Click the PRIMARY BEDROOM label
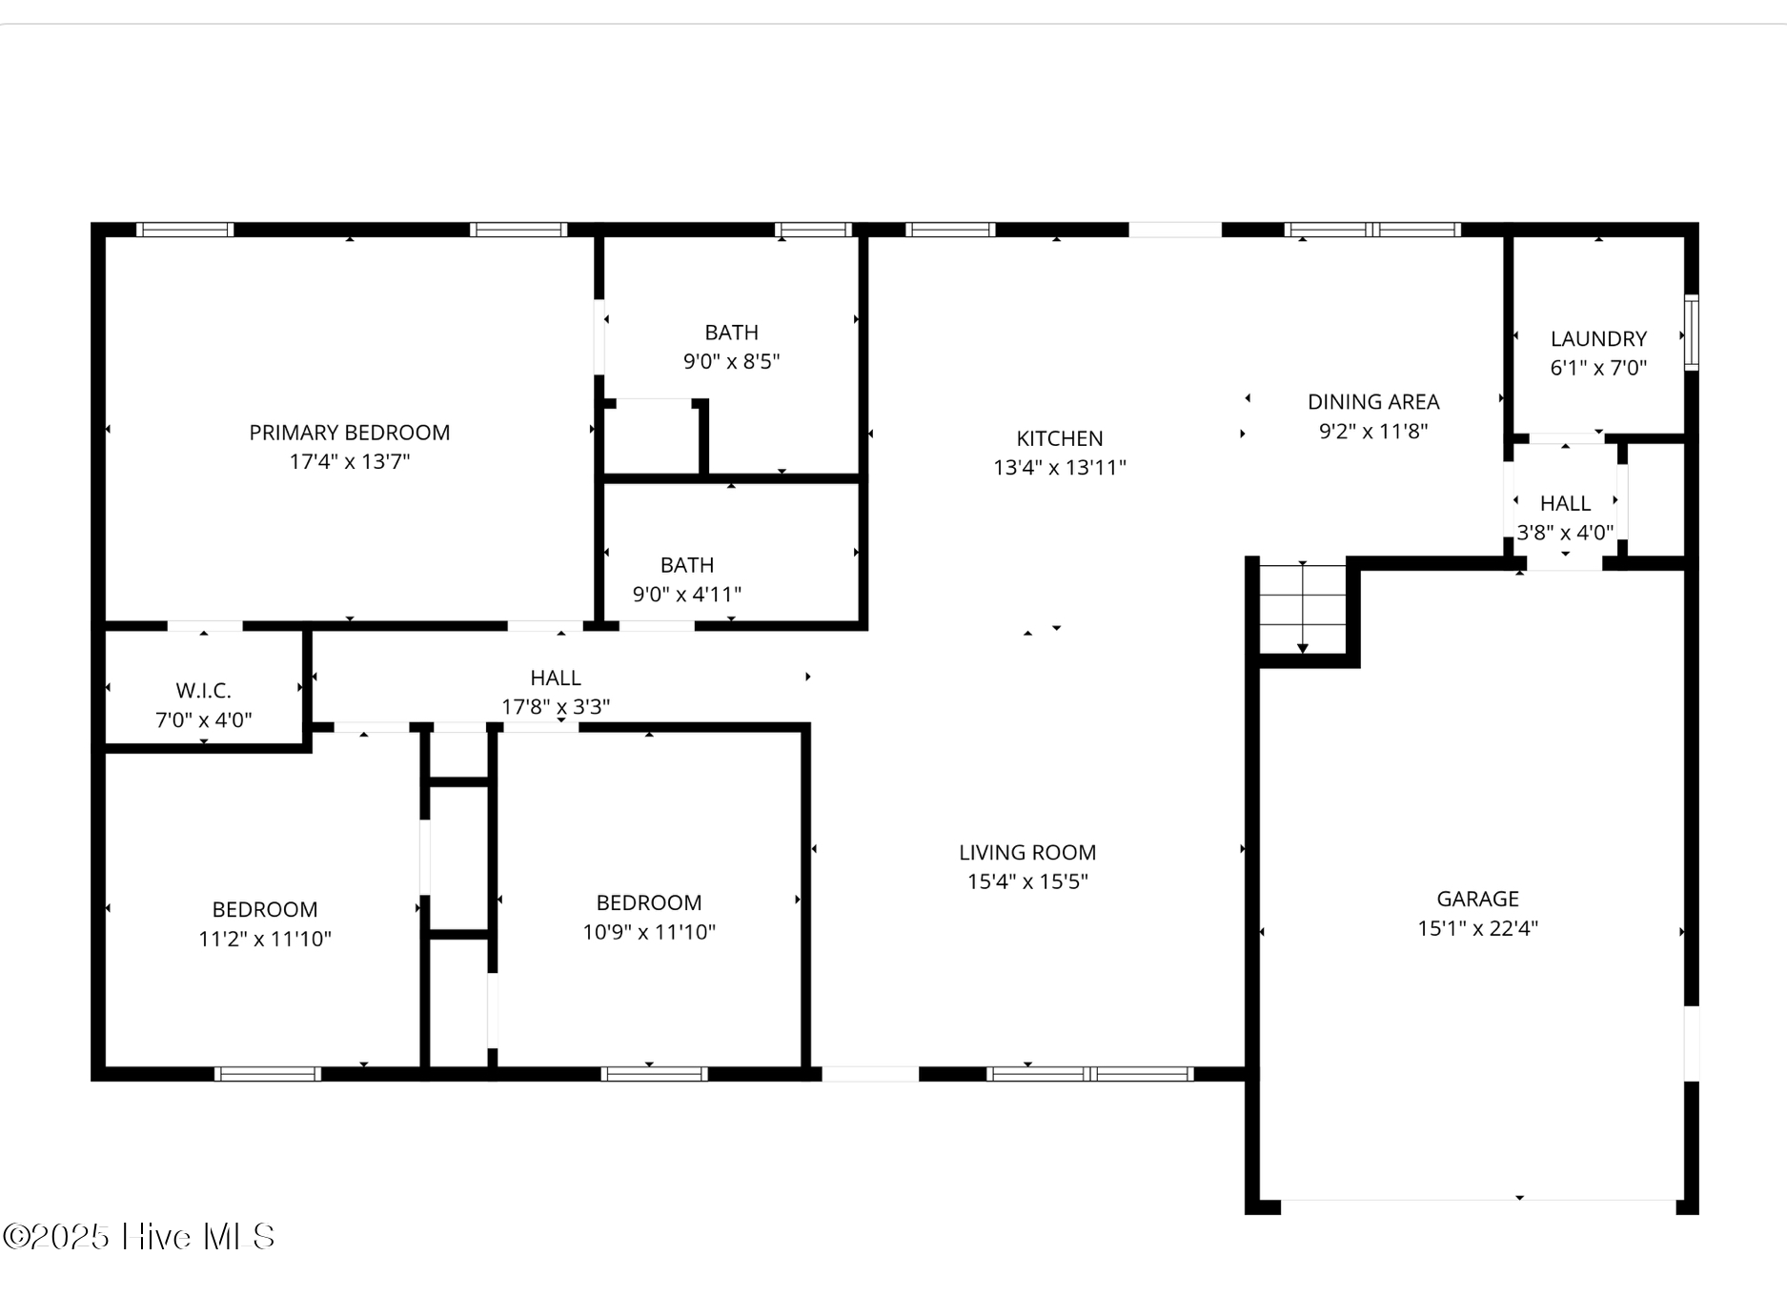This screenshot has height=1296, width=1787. [x=349, y=433]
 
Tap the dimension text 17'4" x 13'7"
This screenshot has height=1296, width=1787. [x=349, y=462]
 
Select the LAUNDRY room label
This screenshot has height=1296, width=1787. [x=1598, y=339]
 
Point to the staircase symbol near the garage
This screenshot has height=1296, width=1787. [x=1302, y=608]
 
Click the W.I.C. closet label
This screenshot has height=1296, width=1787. [x=203, y=691]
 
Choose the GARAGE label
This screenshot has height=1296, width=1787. [x=1477, y=899]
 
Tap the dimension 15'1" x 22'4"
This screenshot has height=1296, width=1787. [x=1477, y=928]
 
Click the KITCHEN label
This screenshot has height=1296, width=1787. [x=1059, y=438]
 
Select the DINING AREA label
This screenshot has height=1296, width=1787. [x=1372, y=402]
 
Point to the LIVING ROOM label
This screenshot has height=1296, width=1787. [x=1026, y=853]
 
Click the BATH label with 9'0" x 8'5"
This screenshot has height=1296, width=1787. [x=731, y=333]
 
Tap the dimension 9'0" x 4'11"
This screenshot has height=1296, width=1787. [x=686, y=595]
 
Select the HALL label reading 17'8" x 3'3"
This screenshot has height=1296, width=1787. [x=555, y=678]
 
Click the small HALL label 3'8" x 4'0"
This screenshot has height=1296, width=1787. [x=1565, y=503]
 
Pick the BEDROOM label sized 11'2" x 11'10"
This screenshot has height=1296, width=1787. [x=264, y=910]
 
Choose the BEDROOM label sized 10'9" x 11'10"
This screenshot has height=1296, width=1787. [x=648, y=903]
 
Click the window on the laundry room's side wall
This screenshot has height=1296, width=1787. [x=1691, y=333]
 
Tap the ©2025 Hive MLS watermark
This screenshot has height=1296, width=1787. [x=139, y=1237]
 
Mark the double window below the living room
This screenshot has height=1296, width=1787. [x=1089, y=1074]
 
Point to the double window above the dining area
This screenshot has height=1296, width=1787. [x=1371, y=230]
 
